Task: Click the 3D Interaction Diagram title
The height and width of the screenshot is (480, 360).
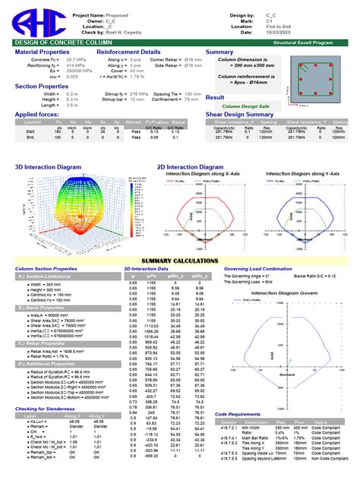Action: [x=48, y=166]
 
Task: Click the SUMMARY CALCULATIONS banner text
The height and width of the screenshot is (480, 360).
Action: [x=179, y=261]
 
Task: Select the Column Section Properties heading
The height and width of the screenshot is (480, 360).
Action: [x=46, y=268]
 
